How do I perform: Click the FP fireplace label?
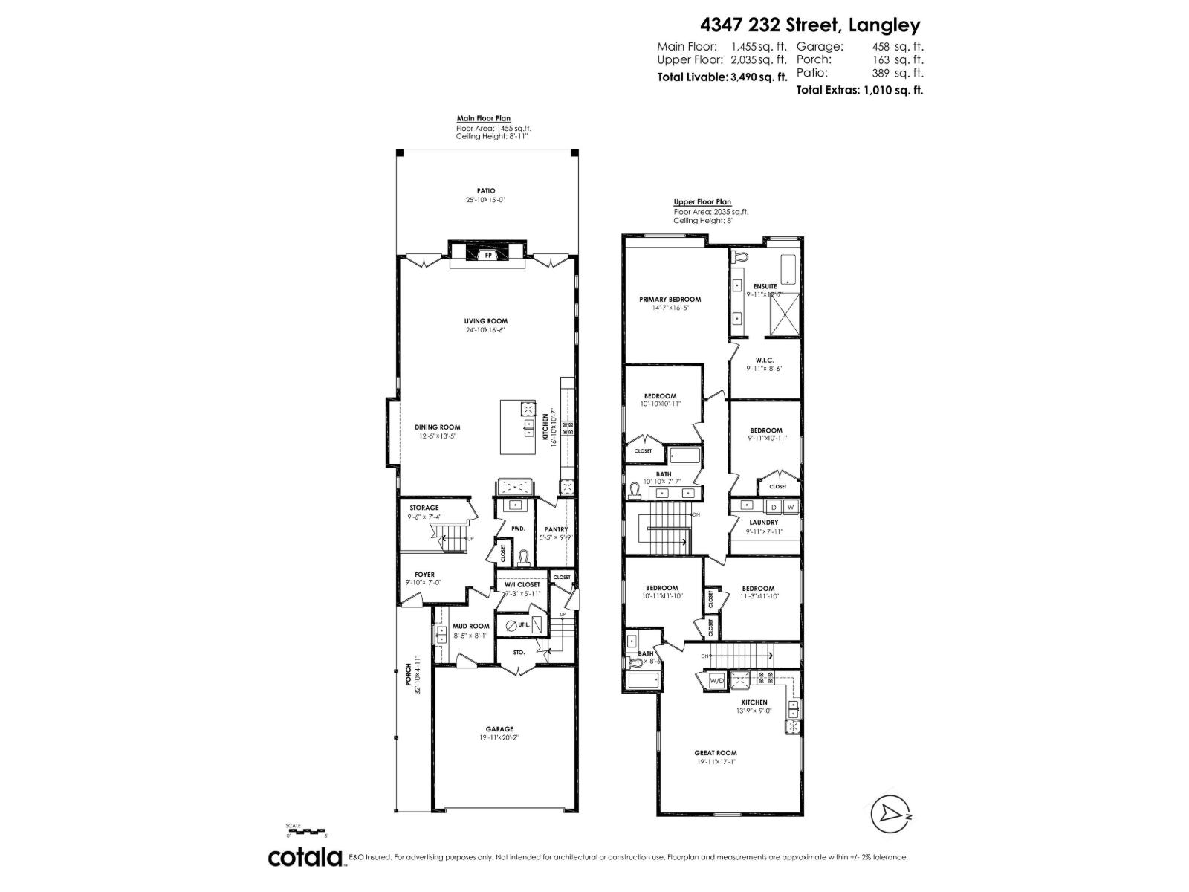tap(488, 256)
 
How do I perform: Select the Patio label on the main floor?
tap(486, 191)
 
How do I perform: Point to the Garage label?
tap(499, 729)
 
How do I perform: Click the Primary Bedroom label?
tap(670, 300)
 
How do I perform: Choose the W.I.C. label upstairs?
tap(765, 360)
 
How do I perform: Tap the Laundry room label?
tap(764, 523)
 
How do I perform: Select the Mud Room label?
tap(471, 626)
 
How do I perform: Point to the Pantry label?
tap(556, 529)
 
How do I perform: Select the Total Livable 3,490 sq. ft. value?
tap(758, 77)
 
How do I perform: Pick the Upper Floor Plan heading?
tap(702, 201)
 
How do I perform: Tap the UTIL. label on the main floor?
tap(524, 625)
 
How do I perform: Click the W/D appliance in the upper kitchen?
tap(717, 680)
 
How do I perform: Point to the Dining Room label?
tap(437, 427)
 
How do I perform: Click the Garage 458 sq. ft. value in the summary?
tap(898, 46)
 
